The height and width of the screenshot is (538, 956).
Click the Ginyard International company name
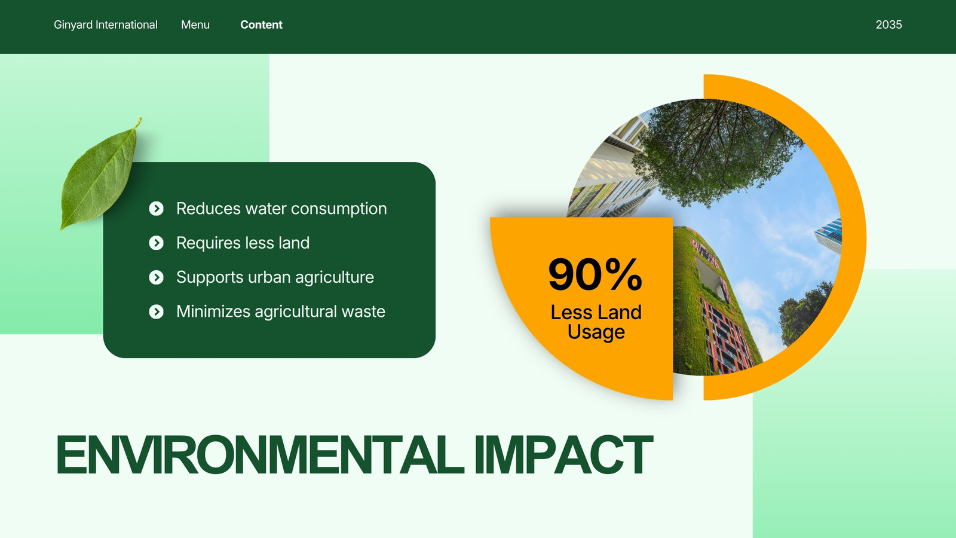point(105,25)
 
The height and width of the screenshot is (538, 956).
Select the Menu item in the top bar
point(195,25)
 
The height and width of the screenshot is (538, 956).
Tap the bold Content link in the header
point(261,25)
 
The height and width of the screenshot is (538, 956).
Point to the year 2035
point(888,25)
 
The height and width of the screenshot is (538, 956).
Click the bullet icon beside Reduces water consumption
point(156,209)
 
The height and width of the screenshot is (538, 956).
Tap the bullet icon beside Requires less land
point(156,243)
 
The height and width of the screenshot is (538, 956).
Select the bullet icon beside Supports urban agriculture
point(156,277)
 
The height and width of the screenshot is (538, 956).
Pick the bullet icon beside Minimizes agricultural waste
point(156,311)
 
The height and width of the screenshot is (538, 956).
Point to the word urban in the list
point(269,277)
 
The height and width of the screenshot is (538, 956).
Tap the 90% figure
point(595,274)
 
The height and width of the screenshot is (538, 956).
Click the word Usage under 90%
point(596,332)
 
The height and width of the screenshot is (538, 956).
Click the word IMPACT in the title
point(563,455)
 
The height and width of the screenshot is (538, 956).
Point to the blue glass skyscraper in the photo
point(829,236)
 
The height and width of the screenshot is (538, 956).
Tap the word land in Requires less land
point(293,243)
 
